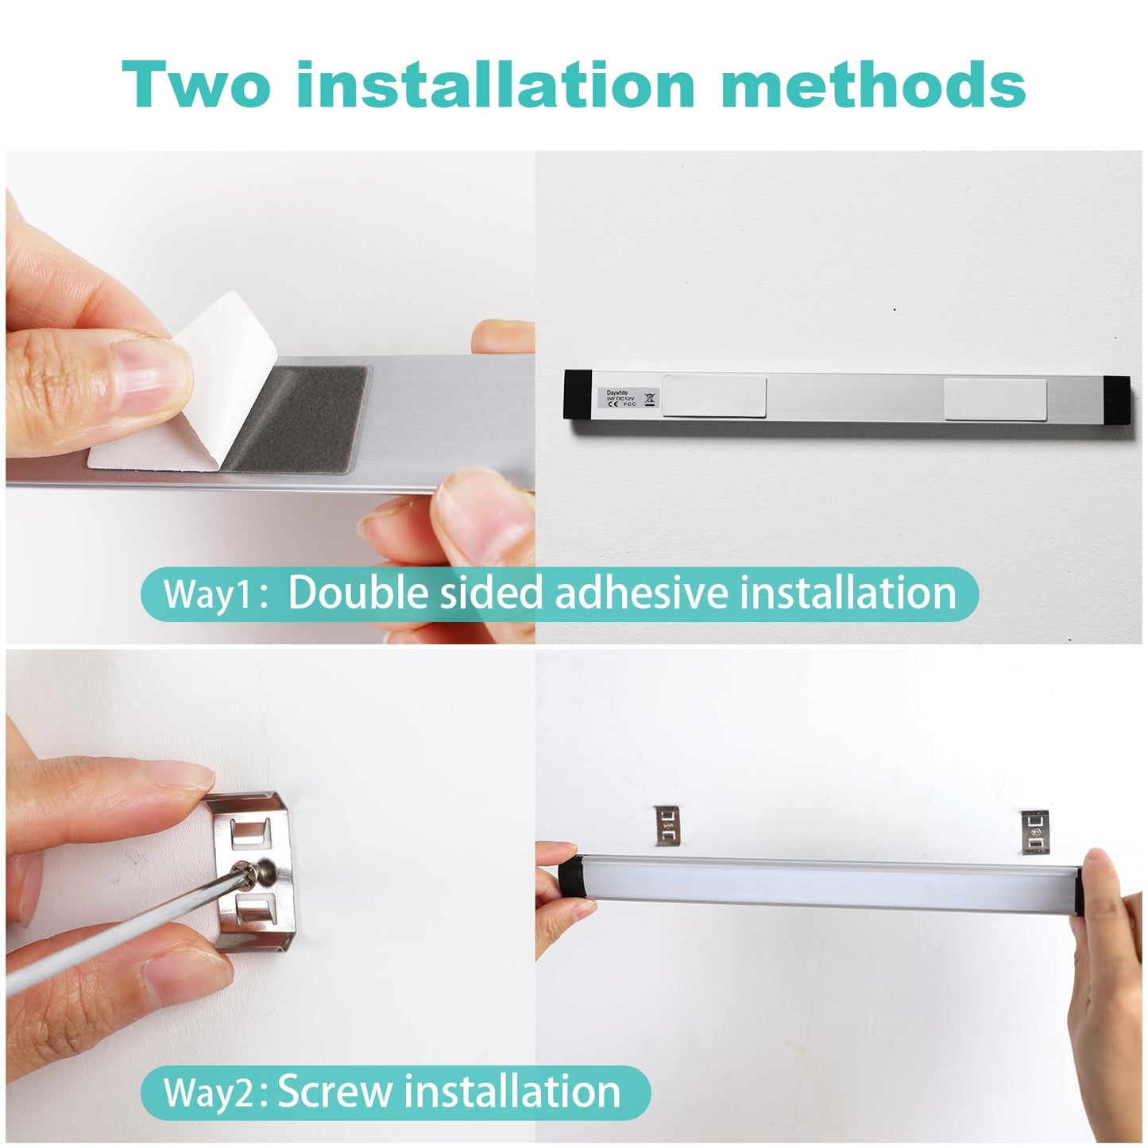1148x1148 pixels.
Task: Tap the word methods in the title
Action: (x=873, y=85)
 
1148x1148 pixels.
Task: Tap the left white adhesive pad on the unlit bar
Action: (x=713, y=396)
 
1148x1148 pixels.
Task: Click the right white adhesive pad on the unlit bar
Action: (x=995, y=400)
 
